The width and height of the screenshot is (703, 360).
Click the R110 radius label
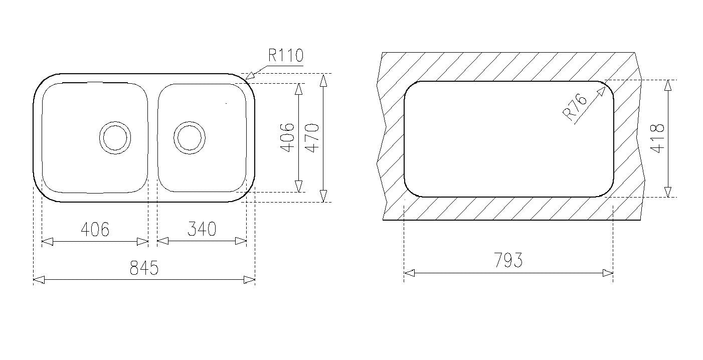coord(285,55)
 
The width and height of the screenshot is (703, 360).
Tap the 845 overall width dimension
coord(144,268)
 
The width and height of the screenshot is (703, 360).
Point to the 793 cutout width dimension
coord(508,260)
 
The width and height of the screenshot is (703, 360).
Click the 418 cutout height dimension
coord(657,138)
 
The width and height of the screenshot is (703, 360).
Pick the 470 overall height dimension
coord(312,138)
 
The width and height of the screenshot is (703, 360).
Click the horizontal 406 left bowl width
coord(95,229)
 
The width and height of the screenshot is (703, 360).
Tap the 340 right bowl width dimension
coord(202,229)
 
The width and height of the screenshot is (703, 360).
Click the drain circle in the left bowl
coord(115,137)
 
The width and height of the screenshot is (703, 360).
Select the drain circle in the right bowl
coord(190,137)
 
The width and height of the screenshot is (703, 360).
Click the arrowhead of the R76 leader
coord(602,90)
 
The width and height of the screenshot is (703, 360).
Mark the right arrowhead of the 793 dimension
coord(607,273)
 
